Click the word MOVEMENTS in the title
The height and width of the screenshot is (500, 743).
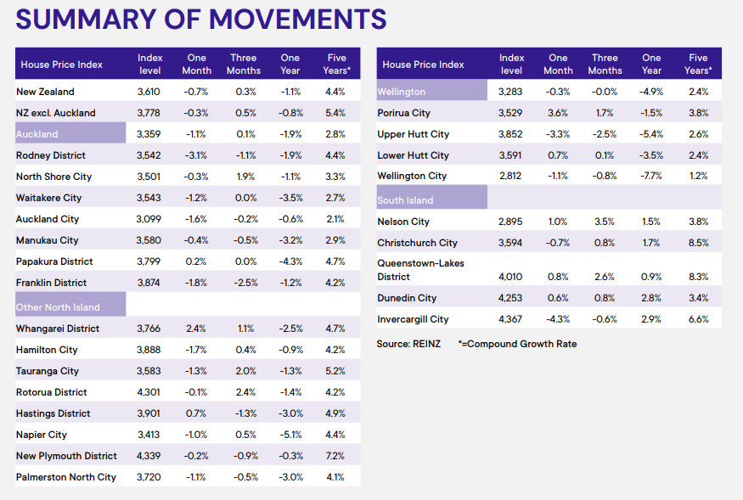pos(297,20)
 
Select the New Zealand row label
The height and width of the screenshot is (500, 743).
pos(45,92)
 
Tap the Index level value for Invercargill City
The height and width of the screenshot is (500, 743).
pos(510,319)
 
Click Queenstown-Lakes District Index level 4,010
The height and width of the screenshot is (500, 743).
pos(510,276)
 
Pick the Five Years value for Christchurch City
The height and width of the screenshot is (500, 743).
pos(699,243)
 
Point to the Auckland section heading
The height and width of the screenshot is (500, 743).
pos(37,134)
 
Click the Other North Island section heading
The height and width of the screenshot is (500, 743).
pos(58,307)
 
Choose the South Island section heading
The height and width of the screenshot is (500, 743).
pos(405,200)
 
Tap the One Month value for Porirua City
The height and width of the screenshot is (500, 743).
pos(558,113)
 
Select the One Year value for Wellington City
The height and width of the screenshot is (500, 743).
pos(651,176)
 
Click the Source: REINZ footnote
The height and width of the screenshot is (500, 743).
pos(408,344)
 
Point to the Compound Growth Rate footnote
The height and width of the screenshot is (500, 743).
pos(517,344)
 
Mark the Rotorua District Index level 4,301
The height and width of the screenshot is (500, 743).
pos(149,392)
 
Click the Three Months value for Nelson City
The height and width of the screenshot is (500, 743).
pos(604,222)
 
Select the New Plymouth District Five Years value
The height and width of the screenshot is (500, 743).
pos(335,456)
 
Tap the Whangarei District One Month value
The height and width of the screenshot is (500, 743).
pos(195,329)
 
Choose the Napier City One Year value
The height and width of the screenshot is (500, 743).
pos(290,435)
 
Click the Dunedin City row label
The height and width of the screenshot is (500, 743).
pos(407,298)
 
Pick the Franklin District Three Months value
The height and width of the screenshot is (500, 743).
pos(245,283)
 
